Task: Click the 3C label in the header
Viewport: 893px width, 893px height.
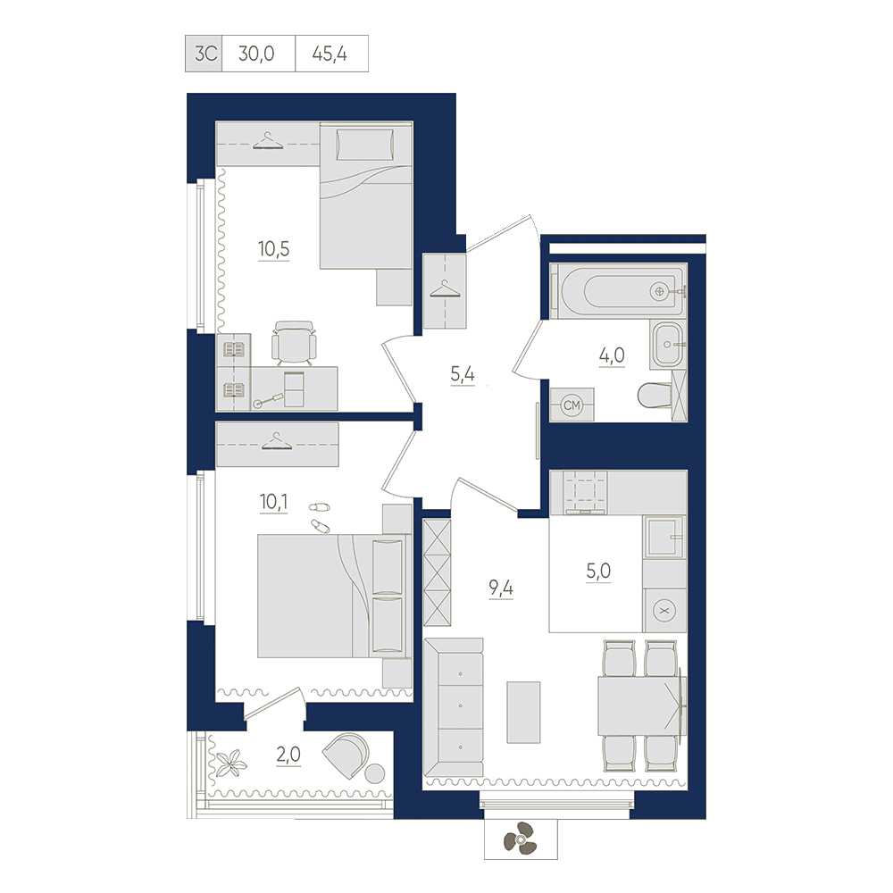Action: pyautogui.click(x=205, y=54)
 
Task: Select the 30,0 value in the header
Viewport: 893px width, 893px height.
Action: pyautogui.click(x=256, y=54)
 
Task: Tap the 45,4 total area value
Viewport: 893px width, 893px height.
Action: pyautogui.click(x=330, y=54)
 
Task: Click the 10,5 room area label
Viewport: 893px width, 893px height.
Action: pyautogui.click(x=274, y=249)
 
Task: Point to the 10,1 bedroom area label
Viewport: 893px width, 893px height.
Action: pyautogui.click(x=274, y=502)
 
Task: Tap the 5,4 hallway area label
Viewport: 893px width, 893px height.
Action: pyautogui.click(x=463, y=374)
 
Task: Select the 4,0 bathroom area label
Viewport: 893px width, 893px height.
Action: pyautogui.click(x=612, y=355)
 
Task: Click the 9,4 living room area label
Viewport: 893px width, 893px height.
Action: pyautogui.click(x=501, y=588)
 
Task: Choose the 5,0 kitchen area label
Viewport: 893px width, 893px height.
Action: pyautogui.click(x=598, y=571)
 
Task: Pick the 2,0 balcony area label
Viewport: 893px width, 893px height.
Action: pyautogui.click(x=288, y=755)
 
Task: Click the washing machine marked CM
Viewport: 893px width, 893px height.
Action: pyautogui.click(x=572, y=405)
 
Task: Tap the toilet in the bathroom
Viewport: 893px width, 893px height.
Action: pyautogui.click(x=655, y=396)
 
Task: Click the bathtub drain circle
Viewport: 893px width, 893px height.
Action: pyautogui.click(x=660, y=292)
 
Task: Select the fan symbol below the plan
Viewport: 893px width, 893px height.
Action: pyautogui.click(x=520, y=839)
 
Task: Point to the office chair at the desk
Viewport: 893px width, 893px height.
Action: pyautogui.click(x=294, y=343)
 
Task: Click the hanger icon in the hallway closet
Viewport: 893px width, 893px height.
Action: pyautogui.click(x=445, y=289)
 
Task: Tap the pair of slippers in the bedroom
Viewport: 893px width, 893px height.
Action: pyautogui.click(x=320, y=516)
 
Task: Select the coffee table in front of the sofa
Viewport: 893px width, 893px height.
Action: pyautogui.click(x=523, y=713)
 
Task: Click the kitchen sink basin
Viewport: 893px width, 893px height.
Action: pyautogui.click(x=664, y=537)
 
